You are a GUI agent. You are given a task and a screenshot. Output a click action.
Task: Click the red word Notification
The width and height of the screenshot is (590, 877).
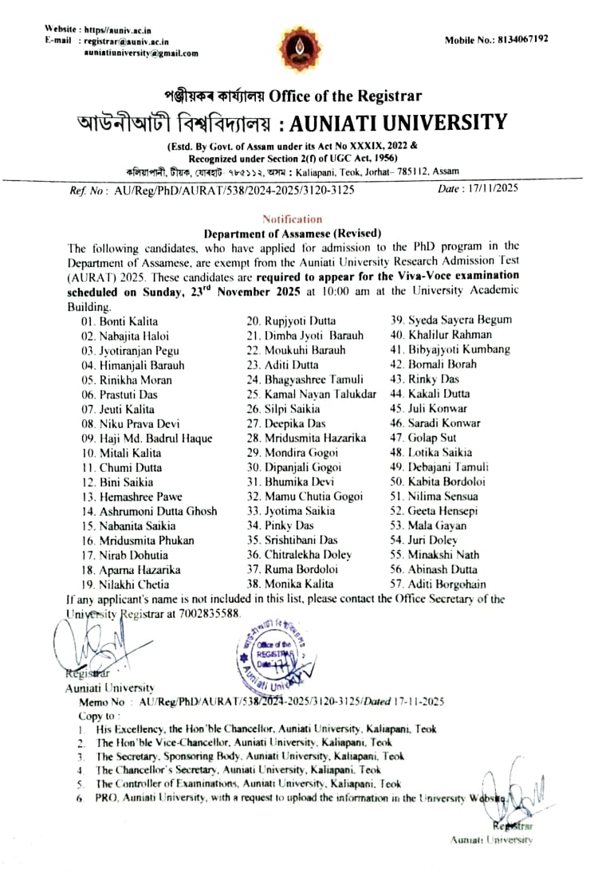coord(292,218)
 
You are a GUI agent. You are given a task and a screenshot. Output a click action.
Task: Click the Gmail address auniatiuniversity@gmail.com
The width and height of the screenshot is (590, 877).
coord(141,53)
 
